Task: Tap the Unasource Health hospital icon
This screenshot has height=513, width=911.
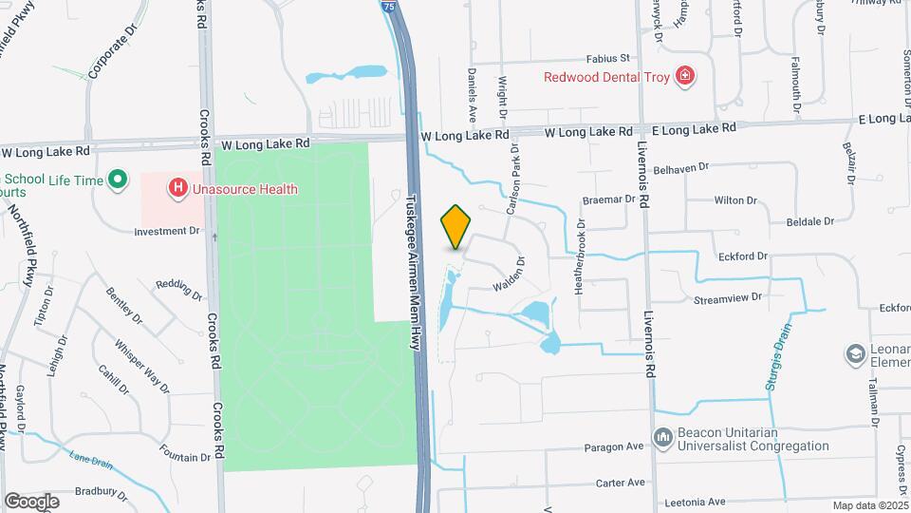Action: (x=177, y=189)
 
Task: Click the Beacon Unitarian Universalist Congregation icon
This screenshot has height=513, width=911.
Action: (x=662, y=439)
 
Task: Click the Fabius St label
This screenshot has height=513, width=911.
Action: (x=607, y=58)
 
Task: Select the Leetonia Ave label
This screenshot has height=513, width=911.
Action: (x=694, y=502)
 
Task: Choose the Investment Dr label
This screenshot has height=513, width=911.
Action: (x=167, y=231)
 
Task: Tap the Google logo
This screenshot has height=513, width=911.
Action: (x=31, y=501)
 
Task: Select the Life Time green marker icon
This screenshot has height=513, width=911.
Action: (x=118, y=179)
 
